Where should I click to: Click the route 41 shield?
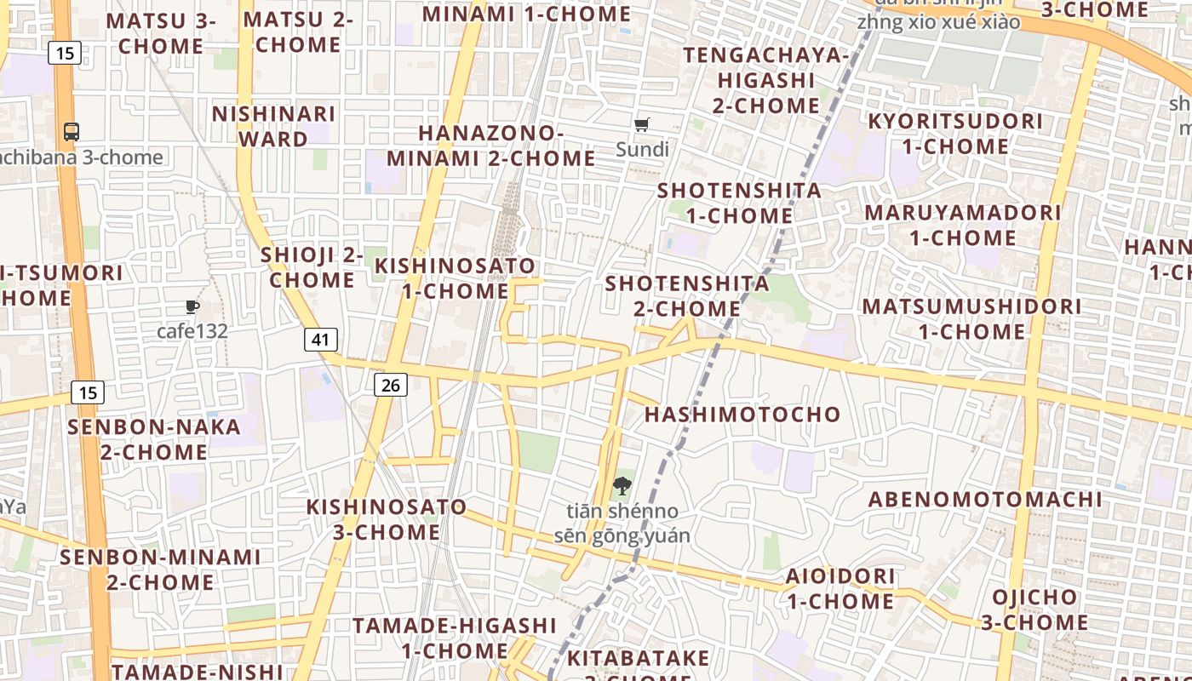(320, 340)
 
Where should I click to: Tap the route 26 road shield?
(390, 385)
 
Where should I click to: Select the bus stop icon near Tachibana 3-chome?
(72, 132)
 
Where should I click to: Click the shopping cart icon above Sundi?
(642, 125)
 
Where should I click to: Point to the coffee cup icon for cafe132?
(192, 306)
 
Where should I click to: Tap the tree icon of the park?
(622, 487)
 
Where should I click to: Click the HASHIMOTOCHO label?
(742, 415)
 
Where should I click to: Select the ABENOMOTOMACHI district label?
(985, 500)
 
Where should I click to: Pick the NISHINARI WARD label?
(273, 126)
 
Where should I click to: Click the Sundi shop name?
(642, 150)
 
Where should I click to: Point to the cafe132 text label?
(192, 331)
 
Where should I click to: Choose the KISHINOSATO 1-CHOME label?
(456, 278)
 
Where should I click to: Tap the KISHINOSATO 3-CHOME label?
(387, 519)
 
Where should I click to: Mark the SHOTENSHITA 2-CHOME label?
(687, 295)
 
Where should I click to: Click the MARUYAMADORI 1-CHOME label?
(963, 225)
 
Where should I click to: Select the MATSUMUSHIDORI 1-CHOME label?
(971, 318)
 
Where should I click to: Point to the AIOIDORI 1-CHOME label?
(840, 588)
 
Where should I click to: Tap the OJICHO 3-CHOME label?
(1034, 609)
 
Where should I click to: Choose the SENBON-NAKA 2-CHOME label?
(154, 439)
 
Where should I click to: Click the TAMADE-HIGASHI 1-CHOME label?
(455, 638)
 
